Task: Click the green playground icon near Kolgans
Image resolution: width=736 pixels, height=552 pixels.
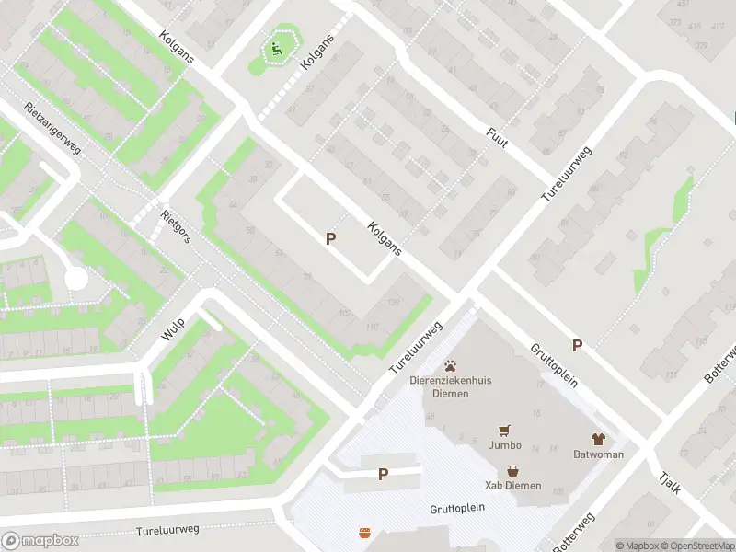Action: (x=275, y=49)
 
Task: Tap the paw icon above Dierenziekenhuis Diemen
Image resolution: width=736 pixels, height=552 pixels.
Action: (x=451, y=366)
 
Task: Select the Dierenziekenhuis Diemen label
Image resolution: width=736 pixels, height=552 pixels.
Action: (x=451, y=387)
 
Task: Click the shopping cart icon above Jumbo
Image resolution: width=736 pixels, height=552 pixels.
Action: (x=504, y=430)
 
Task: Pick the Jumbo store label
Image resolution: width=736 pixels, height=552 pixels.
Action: (x=505, y=445)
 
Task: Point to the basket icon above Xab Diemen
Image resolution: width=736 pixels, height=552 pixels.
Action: (x=512, y=470)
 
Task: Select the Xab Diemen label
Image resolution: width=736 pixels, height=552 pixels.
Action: (x=513, y=485)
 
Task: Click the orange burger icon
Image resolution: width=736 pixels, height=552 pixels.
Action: (x=365, y=533)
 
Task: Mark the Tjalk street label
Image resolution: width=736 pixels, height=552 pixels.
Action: (x=670, y=481)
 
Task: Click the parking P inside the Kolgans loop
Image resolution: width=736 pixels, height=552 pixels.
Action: (x=330, y=238)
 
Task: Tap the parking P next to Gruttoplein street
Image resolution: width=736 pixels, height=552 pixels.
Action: (x=577, y=345)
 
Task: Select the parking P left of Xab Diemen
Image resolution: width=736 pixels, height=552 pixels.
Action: (x=383, y=475)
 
